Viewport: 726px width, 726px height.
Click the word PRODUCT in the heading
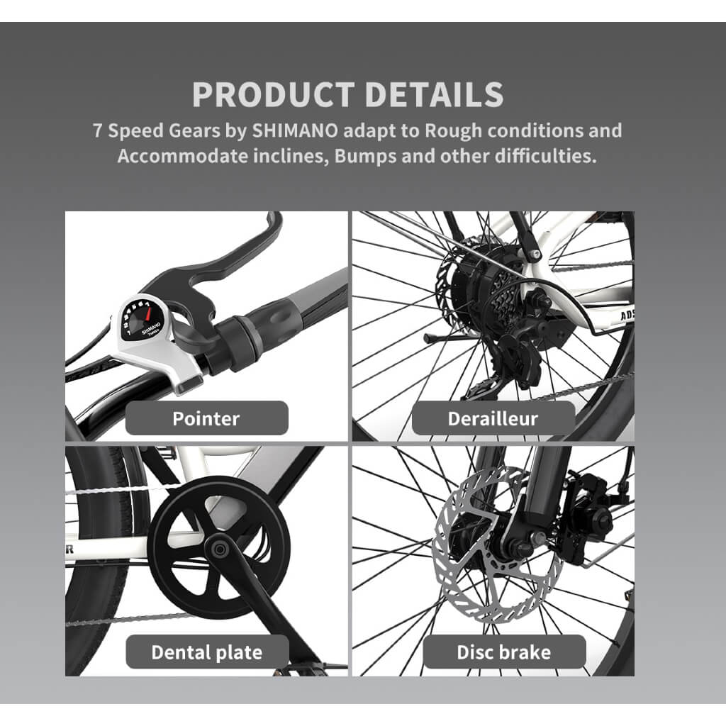(x=274, y=94)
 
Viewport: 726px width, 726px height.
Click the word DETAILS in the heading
(x=434, y=94)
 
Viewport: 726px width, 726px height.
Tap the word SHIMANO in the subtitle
(x=295, y=130)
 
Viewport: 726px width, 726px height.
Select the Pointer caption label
(x=206, y=418)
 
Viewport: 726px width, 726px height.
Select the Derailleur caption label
(x=493, y=418)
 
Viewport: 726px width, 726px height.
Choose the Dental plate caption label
(x=207, y=652)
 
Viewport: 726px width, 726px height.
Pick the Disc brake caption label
(x=504, y=652)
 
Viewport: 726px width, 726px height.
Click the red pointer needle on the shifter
(x=148, y=313)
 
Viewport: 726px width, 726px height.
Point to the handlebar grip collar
(x=238, y=342)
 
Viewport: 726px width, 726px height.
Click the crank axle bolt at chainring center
(x=220, y=549)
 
